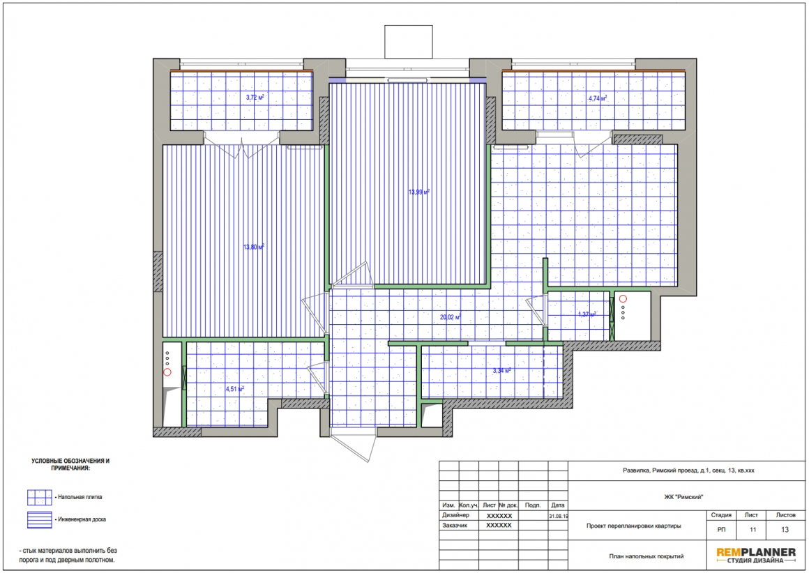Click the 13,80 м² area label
click(x=253, y=247)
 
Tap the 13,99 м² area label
click(x=419, y=192)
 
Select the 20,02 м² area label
click(x=450, y=317)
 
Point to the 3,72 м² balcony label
click(x=255, y=97)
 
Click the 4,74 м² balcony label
click(x=598, y=98)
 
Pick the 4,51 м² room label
click(x=235, y=389)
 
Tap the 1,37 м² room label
click(x=587, y=314)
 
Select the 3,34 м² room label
click(x=501, y=370)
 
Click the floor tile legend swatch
click(x=40, y=497)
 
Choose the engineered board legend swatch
click(x=40, y=519)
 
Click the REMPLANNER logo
click(x=756, y=555)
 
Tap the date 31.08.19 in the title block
click(x=558, y=516)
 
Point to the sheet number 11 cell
click(x=753, y=530)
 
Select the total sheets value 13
click(x=785, y=530)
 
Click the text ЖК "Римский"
click(x=683, y=497)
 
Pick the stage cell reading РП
click(x=721, y=530)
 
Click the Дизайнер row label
click(x=455, y=515)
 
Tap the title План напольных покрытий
click(x=646, y=556)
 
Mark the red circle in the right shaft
click(x=623, y=298)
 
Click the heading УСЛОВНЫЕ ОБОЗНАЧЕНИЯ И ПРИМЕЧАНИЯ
click(x=70, y=465)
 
